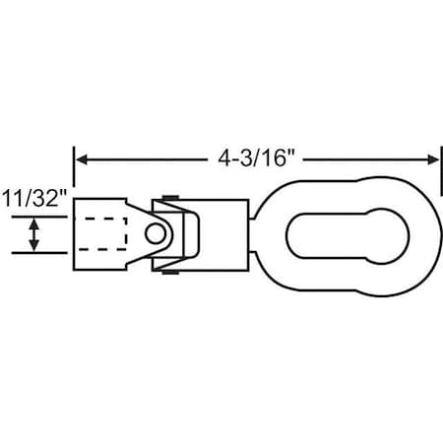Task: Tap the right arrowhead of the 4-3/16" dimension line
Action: (x=432, y=158)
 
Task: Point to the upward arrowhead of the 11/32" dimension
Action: (x=36, y=222)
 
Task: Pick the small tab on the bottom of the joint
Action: (x=169, y=271)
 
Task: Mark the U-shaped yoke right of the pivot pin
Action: (x=187, y=234)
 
